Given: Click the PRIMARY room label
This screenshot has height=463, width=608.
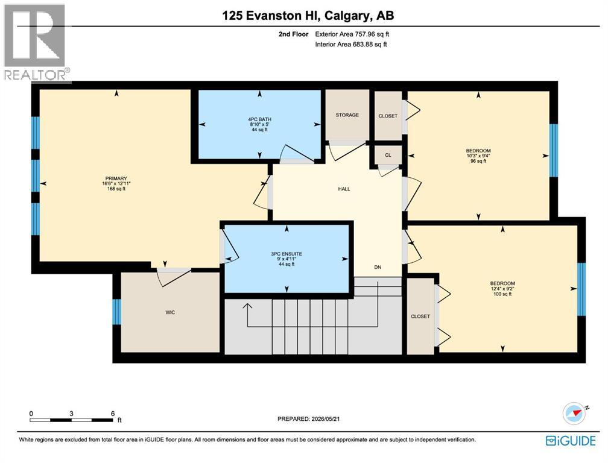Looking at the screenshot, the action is click(116, 178).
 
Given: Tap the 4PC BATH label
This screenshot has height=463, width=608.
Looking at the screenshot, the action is click(260, 119).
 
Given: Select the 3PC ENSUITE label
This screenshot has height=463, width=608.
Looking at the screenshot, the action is click(287, 254).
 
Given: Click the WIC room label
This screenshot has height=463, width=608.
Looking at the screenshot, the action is click(170, 312).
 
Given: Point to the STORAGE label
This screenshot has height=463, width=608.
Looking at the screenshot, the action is click(347, 115).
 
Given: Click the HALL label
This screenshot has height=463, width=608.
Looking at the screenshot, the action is click(344, 189).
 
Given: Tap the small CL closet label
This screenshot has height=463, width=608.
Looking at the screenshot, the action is click(388, 155).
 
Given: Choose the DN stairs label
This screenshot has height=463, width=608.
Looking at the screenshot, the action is click(378, 267).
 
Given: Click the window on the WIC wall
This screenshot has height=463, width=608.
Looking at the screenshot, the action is click(117, 312).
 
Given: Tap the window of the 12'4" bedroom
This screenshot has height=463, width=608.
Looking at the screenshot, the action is click(581, 289).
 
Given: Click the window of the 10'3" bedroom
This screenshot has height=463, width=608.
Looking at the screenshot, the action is click(554, 150).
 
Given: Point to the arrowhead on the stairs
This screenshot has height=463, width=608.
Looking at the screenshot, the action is click(247, 306).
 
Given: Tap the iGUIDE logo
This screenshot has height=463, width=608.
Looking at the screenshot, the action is click(571, 441).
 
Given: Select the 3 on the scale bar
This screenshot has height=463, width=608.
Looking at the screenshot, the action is click(71, 414).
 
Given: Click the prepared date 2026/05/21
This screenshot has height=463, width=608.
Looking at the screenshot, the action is click(325, 419).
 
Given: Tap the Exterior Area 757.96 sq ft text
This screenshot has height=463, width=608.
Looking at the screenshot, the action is click(352, 34).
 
